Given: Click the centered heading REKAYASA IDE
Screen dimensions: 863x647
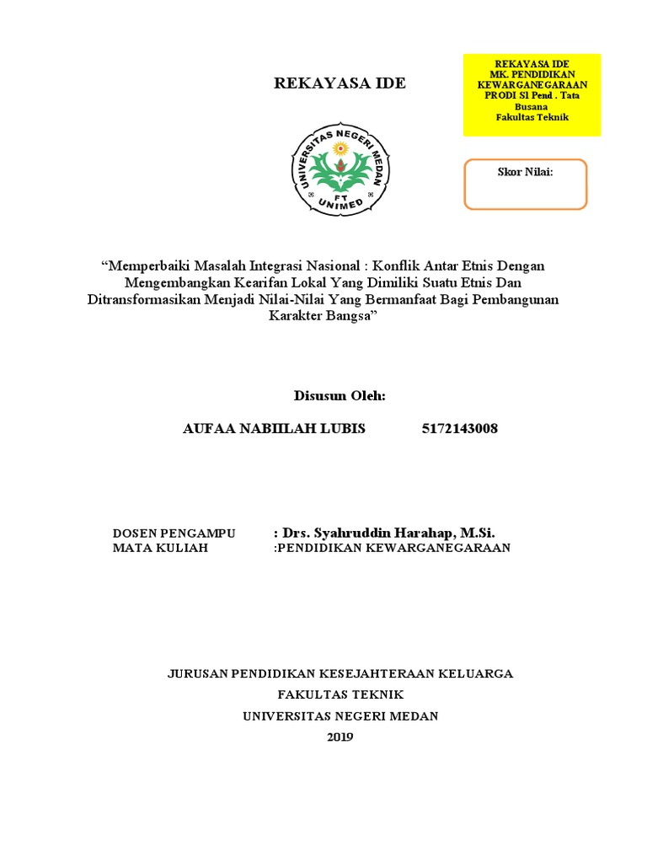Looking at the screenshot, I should (x=340, y=83).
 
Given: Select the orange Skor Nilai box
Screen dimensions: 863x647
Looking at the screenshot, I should (x=525, y=184).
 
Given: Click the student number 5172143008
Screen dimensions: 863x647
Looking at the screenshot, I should (x=459, y=428).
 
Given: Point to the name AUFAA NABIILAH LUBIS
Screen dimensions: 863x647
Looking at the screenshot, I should (x=274, y=428).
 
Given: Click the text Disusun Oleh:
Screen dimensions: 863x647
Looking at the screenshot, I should (x=340, y=395).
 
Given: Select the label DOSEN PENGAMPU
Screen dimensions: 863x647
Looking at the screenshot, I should (x=174, y=533).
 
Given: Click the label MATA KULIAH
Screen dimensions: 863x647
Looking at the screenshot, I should (x=160, y=548).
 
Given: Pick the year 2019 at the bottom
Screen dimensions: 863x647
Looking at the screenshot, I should (x=340, y=737).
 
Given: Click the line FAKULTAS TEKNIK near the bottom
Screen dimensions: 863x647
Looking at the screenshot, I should (x=340, y=694).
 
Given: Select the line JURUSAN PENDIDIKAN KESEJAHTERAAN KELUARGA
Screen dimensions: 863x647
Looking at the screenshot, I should (x=340, y=673).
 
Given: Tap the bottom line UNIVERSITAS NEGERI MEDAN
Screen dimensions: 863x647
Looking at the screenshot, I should (x=340, y=716).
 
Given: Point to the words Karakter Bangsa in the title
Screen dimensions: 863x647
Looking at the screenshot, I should (x=323, y=316).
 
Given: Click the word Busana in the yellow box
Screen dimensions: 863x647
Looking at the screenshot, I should (x=532, y=107).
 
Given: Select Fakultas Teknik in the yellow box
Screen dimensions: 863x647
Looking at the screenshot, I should (x=532, y=117).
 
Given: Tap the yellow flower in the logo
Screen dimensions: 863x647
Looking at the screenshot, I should (x=340, y=149).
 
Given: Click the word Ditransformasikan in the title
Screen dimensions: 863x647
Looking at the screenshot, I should (x=143, y=299).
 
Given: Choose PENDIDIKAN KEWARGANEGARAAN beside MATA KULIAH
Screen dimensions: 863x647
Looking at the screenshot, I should (x=394, y=548).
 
